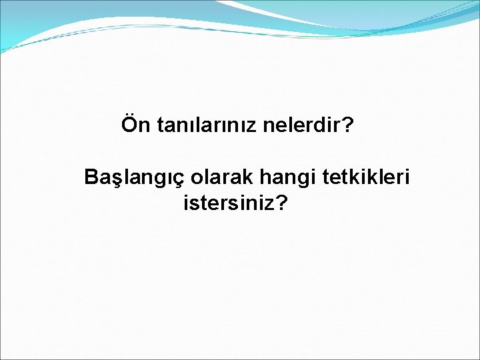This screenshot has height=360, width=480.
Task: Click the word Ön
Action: [136, 125]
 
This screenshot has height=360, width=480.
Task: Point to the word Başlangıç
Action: [135, 179]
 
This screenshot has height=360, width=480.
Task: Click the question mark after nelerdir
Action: [347, 125]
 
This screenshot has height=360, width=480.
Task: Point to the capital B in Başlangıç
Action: [91, 178]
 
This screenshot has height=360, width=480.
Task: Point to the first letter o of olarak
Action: [197, 179]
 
